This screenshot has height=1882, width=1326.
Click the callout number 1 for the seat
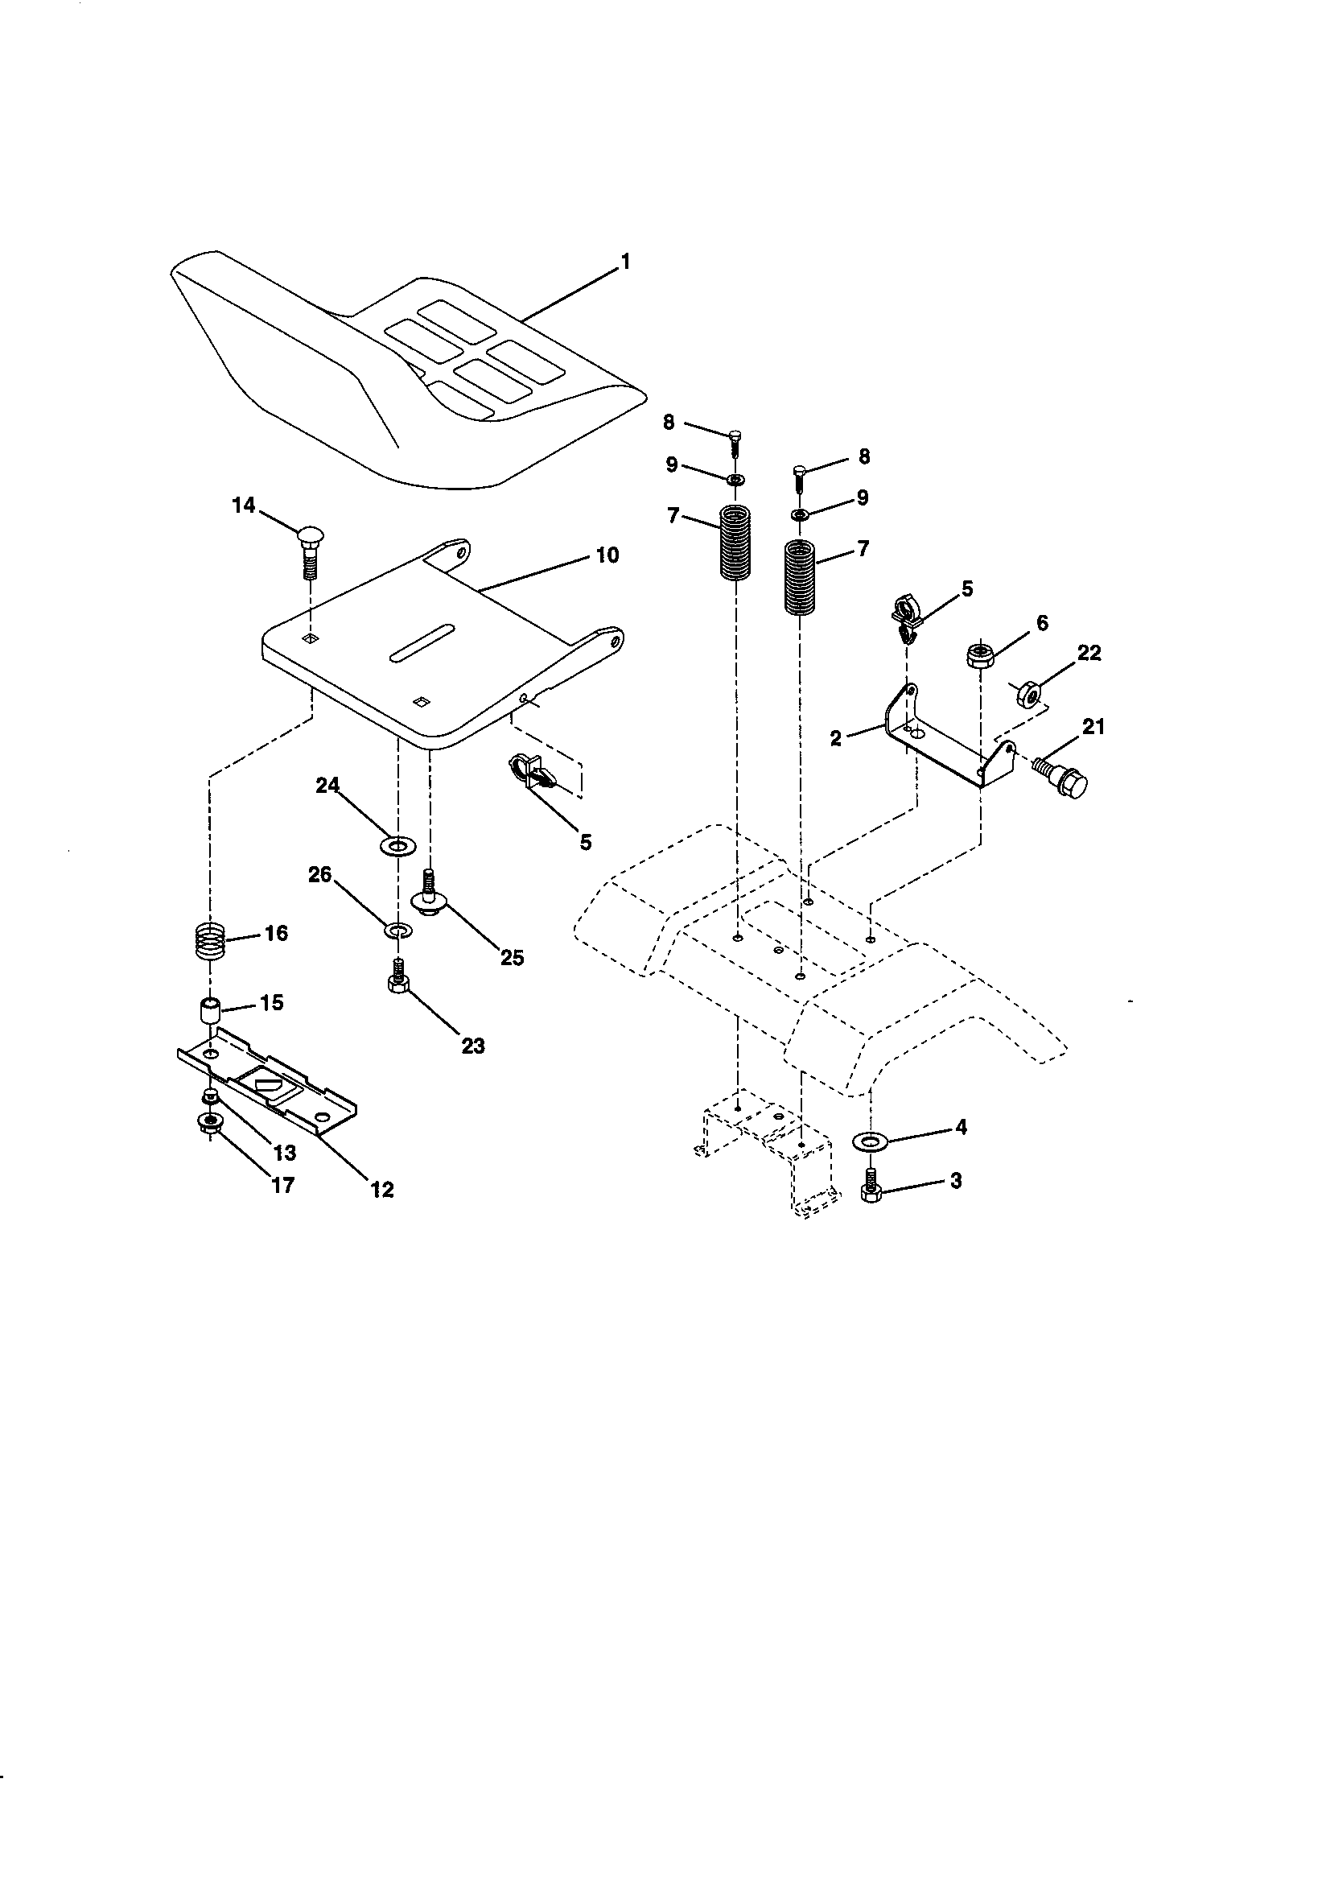625,262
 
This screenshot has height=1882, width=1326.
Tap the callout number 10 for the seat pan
607,555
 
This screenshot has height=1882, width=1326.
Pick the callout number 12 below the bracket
382,1190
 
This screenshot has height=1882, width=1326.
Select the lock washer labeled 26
398,930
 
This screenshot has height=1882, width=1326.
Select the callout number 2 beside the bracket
835,737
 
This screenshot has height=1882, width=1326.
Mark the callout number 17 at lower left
282,1185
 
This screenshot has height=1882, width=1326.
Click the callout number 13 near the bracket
284,1153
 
